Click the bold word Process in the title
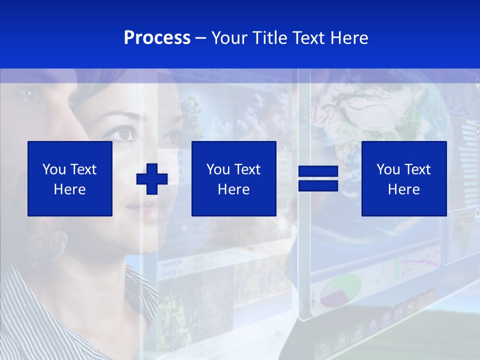(x=157, y=37)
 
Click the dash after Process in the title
(x=200, y=38)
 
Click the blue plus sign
(x=152, y=179)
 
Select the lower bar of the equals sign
(x=318, y=186)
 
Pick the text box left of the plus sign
(x=69, y=178)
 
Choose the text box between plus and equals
(x=233, y=178)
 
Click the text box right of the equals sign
(x=403, y=178)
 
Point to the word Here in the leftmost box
(x=69, y=189)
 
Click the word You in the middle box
(x=218, y=169)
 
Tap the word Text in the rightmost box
(x=417, y=169)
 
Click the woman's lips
(x=148, y=213)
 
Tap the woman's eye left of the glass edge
(x=124, y=133)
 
